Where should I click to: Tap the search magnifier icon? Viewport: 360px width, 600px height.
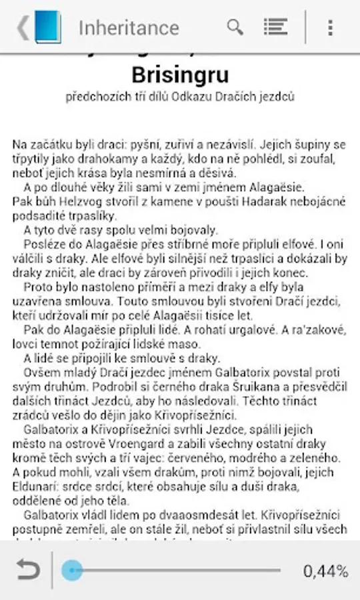click(x=235, y=27)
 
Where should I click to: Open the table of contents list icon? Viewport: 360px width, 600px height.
click(x=275, y=27)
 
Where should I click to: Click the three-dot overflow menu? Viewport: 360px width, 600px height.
click(x=330, y=27)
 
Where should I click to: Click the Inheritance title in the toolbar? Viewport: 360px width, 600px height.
click(x=129, y=28)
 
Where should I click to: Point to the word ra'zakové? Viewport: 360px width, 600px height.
click(x=318, y=330)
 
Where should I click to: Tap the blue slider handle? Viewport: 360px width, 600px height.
click(x=72, y=570)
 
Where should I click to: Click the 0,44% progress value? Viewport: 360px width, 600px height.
click(x=325, y=571)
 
